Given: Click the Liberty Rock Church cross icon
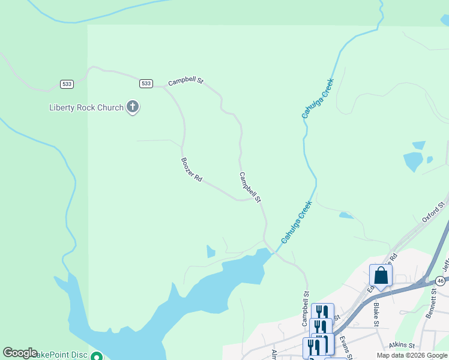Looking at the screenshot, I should click(133, 107).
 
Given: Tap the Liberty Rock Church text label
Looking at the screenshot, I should click(86, 108).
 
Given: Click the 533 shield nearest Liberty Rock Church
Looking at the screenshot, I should click(146, 83).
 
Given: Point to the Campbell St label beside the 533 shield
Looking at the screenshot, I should click(186, 81).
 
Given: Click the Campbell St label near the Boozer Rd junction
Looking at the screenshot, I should click(250, 187).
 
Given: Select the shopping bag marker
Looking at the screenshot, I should click(381, 276).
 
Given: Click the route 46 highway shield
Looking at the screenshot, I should click(441, 281).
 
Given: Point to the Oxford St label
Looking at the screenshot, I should click(435, 212).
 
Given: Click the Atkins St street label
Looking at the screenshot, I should click(402, 345).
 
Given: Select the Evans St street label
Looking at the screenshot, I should click(345, 346).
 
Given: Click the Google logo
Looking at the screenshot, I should click(20, 353).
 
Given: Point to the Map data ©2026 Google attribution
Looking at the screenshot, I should click(412, 355).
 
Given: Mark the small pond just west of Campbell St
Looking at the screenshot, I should click(211, 251).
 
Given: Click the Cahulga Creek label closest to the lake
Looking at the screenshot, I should click(297, 221).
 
